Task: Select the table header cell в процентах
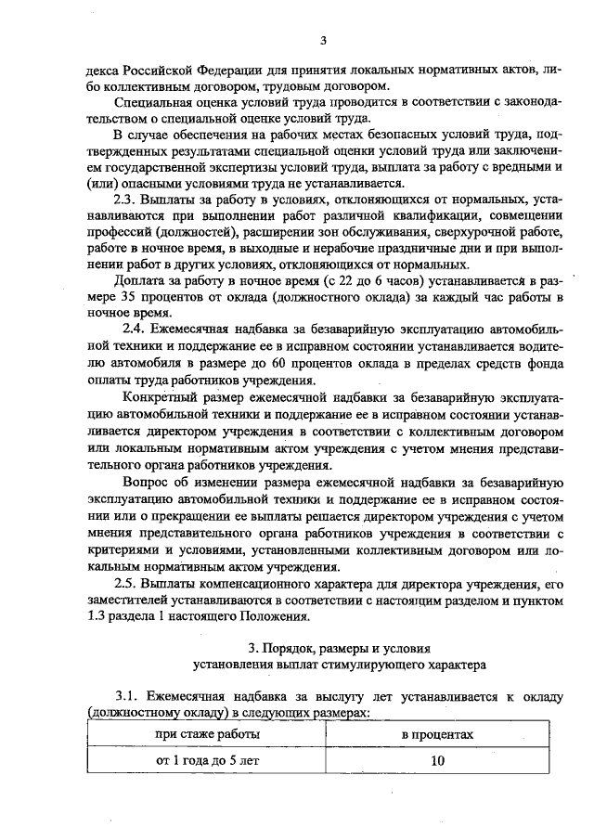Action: [x=436, y=734]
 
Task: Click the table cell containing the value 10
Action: [x=436, y=760]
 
